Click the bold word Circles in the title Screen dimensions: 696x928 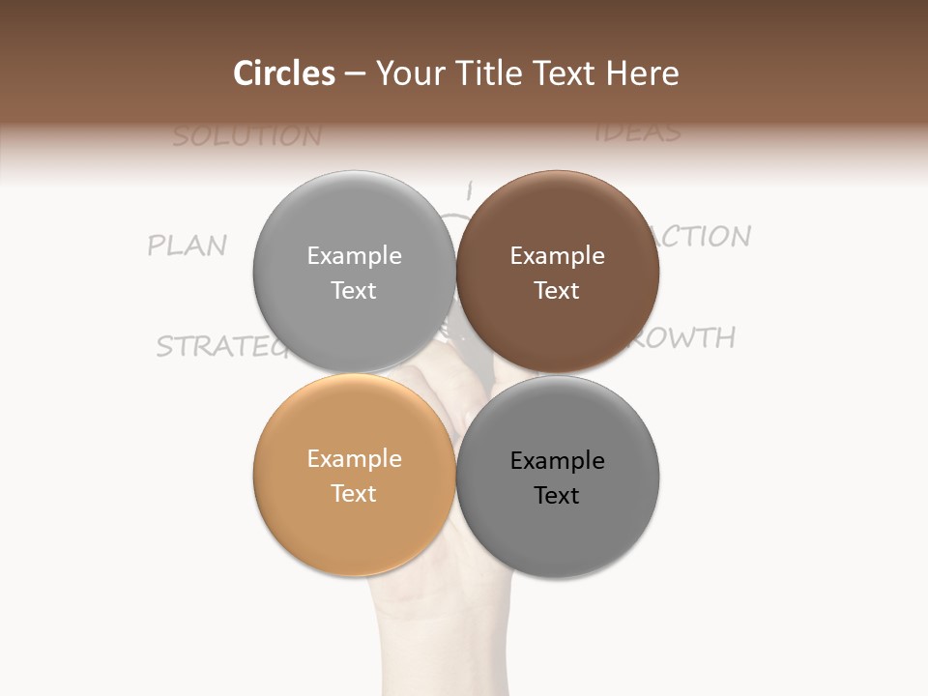[x=284, y=73]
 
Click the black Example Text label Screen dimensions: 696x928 [x=557, y=478]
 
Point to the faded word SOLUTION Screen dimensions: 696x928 [x=247, y=136]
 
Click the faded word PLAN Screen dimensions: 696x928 [x=188, y=246]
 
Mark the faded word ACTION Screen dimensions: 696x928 [x=706, y=237]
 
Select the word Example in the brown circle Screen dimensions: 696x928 [x=557, y=255]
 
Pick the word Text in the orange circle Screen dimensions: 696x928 [x=354, y=493]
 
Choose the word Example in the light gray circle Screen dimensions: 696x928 [x=354, y=255]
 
